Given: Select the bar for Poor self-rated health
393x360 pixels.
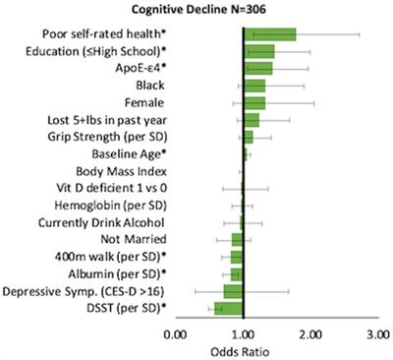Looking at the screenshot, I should [x=270, y=34].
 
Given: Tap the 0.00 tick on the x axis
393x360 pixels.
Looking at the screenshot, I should [x=176, y=334].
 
